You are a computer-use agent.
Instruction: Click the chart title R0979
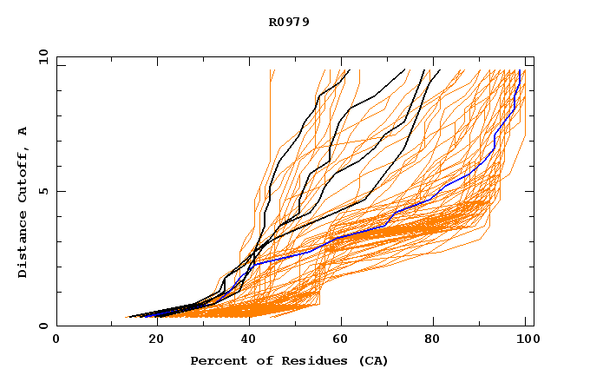tap(289, 22)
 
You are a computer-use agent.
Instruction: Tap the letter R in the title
tap(272, 22)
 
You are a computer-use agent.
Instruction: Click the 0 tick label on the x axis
tap(56, 339)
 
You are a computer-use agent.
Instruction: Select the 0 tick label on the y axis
tap(43, 326)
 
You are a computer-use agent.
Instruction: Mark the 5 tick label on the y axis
tap(43, 191)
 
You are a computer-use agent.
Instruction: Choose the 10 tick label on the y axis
tap(40, 56)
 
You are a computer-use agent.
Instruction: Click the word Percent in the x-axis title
tap(216, 361)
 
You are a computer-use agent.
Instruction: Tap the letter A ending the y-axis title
tap(23, 130)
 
